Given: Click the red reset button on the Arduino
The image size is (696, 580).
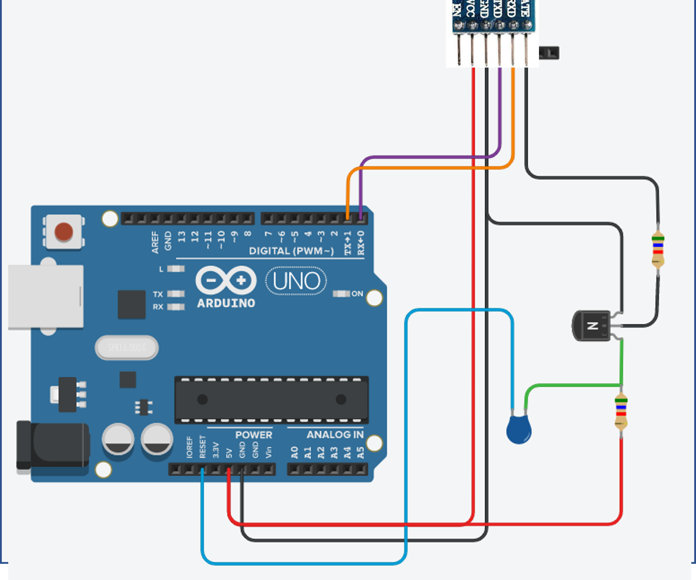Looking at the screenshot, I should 64,231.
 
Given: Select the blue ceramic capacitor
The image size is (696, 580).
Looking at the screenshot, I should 518,429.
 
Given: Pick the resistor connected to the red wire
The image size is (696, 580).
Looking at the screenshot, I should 621,412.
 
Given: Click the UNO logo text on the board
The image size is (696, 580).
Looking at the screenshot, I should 296,281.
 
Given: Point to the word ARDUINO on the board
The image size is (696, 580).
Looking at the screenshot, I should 226,303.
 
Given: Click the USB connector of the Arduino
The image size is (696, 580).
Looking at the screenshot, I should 46,296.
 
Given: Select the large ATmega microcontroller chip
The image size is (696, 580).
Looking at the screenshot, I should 271,399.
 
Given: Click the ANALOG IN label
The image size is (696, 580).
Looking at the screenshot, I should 335,435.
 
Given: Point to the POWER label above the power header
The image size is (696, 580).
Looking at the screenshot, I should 254,435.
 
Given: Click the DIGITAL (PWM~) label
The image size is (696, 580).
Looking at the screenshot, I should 291,251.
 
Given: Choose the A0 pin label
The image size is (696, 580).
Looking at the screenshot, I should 295,452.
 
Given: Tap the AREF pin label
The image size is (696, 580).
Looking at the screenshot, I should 155,242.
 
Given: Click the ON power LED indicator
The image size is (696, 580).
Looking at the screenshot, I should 341,294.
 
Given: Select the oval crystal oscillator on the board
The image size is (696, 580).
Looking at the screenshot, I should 127,347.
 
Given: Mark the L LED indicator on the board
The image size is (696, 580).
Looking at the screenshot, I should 176,269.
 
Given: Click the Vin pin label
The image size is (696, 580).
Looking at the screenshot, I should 268,452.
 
